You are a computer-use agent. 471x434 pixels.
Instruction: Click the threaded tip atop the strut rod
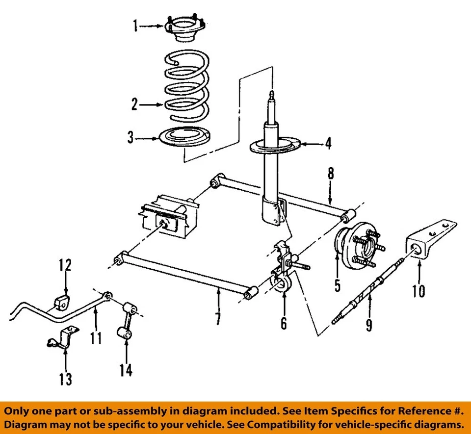point(271,94)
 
